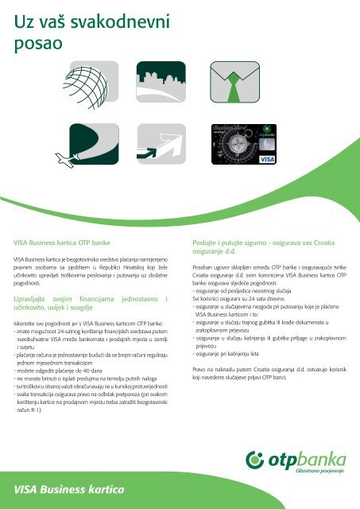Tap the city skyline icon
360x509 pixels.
click(x=161, y=82)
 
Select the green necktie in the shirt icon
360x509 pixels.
click(x=234, y=87)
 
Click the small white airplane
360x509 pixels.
click(x=67, y=160)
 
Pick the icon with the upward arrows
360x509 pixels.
click(x=161, y=144)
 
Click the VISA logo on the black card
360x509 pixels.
click(x=267, y=159)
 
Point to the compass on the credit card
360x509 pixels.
click(x=238, y=144)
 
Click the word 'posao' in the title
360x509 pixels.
click(x=38, y=44)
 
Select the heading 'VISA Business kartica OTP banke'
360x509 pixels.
click(x=62, y=243)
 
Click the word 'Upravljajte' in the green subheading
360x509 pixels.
click(x=29, y=299)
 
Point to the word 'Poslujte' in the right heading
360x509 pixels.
click(x=204, y=243)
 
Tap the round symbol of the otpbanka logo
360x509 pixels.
click(x=254, y=460)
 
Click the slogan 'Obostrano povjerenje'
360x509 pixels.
click(x=319, y=471)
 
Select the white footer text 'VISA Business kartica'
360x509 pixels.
click(x=69, y=490)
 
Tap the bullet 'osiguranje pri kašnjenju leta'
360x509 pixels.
click(x=226, y=354)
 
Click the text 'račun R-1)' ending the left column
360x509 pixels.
click(x=29, y=410)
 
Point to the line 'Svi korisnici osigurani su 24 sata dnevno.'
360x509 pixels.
click(x=238, y=299)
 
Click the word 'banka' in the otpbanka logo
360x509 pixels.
click(x=321, y=460)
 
